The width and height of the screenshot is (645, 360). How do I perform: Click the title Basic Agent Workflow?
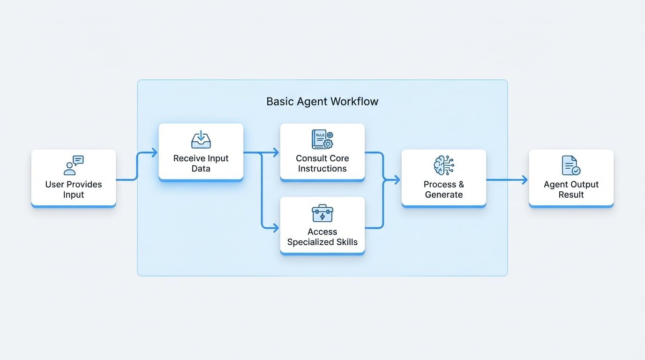[322, 101]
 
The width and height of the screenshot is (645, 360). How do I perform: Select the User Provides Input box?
[74, 178]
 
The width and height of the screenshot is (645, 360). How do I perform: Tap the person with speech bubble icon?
[74, 165]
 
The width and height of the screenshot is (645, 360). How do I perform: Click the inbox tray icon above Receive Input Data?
[201, 140]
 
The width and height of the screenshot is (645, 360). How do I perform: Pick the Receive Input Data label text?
[201, 164]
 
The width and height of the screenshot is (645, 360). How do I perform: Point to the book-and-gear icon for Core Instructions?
[322, 140]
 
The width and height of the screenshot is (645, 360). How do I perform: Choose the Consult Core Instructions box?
[322, 152]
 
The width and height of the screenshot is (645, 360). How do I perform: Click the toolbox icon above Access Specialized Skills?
[322, 213]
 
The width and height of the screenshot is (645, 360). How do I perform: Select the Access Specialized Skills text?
[322, 237]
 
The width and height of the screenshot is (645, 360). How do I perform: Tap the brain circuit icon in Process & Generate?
[443, 165]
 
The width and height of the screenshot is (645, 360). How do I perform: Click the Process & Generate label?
[443, 189]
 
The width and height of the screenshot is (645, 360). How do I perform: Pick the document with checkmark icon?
[571, 165]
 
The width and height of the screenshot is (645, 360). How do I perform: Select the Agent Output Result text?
[571, 189]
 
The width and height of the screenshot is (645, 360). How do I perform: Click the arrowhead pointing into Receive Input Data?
[155, 152]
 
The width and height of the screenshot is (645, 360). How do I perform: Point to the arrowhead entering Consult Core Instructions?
[276, 152]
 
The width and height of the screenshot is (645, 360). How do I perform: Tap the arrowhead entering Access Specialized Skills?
[276, 228]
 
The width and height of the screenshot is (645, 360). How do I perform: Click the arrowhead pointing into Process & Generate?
[397, 180]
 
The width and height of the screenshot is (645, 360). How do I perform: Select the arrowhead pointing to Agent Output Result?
[525, 180]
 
